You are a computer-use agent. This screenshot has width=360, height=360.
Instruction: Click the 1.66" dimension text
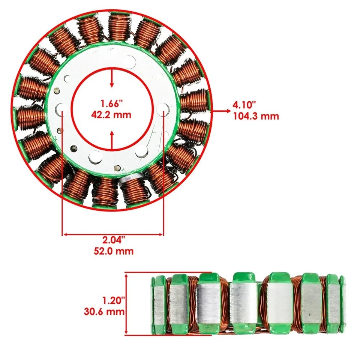[x=111, y=103]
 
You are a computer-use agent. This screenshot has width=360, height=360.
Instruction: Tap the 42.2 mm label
[x=111, y=114]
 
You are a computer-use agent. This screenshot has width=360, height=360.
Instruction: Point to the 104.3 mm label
[x=256, y=116]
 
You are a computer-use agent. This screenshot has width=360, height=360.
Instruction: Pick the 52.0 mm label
[x=114, y=251]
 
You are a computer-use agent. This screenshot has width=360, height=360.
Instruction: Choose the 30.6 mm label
[x=104, y=311]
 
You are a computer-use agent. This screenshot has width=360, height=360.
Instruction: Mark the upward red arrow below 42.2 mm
[x=112, y=139]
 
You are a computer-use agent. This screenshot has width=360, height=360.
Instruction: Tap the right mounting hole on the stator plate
[x=163, y=109]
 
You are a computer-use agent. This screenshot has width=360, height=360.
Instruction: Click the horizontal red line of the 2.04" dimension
[x=112, y=234]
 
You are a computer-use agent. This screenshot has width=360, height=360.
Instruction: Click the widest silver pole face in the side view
[x=280, y=303]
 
